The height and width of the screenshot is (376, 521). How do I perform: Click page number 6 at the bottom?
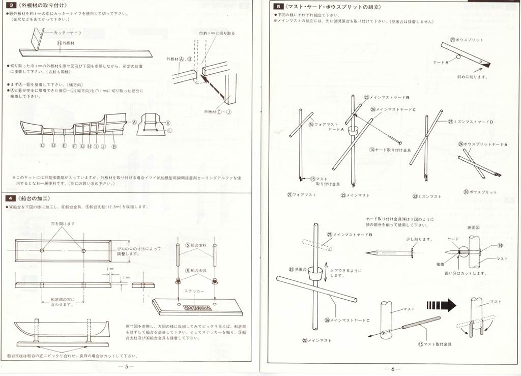click(393, 369)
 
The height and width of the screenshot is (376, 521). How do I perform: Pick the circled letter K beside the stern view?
click(168, 123)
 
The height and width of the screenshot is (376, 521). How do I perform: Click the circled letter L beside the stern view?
click(170, 130)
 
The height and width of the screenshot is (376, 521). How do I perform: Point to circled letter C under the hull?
click(43, 145)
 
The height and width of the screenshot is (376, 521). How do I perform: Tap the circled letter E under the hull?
click(64, 145)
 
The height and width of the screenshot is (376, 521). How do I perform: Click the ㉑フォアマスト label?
click(301, 194)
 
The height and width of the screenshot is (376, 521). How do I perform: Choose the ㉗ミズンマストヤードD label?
click(471, 122)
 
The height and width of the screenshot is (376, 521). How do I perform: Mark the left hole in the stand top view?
click(42, 250)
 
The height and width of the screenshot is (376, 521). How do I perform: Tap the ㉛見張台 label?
click(296, 270)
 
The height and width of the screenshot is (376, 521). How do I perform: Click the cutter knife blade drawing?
click(35, 39)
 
